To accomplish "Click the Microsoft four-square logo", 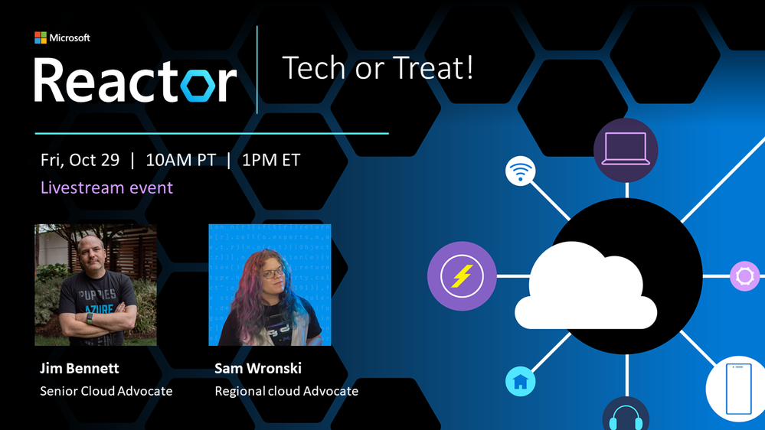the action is click(x=41, y=37).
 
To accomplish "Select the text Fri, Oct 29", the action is click(x=80, y=161).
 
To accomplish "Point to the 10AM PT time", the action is click(x=181, y=161).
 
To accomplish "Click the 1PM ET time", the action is click(x=271, y=161).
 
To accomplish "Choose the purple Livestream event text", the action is click(x=107, y=187).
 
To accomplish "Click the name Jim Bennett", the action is click(x=80, y=368).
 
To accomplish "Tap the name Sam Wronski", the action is click(x=258, y=368).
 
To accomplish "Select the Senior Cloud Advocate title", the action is click(x=106, y=391).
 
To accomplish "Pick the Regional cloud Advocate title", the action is click(x=286, y=391).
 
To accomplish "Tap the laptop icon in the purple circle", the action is click(x=626, y=149).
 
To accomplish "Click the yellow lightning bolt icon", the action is click(x=462, y=276).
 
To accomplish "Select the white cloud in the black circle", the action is click(x=586, y=287).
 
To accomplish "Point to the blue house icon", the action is click(x=521, y=381).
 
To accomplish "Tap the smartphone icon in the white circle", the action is click(x=738, y=389).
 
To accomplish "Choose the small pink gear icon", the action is click(x=744, y=276).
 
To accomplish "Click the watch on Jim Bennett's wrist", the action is click(x=90, y=318).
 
